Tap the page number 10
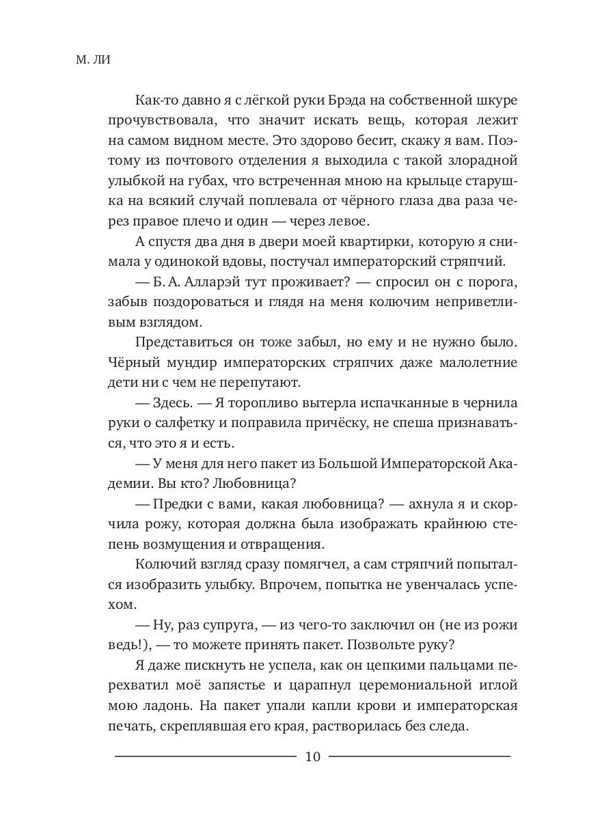313,756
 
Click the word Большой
353,463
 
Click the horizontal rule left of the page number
205,756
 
